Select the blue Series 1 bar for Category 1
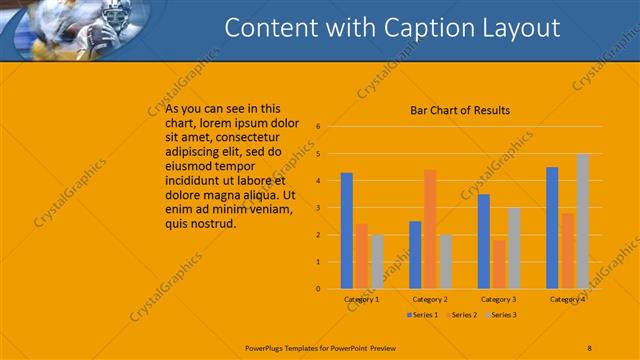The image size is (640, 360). coord(346,230)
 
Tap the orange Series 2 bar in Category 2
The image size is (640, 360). coord(430,229)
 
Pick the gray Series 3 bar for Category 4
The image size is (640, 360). coord(582,221)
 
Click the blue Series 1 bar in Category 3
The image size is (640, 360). coord(484,241)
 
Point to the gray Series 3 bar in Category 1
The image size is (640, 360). coord(376,261)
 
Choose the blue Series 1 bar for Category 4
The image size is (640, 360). coord(552,227)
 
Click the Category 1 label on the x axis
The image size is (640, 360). coord(361,299)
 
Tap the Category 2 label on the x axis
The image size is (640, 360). coord(429,299)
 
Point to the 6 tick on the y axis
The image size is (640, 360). coord(317,127)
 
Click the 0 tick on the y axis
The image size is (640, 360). coord(317,289)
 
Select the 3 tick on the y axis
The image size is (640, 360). coord(317,208)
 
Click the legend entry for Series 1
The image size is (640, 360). coord(424,315)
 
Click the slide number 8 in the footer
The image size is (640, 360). coord(589,347)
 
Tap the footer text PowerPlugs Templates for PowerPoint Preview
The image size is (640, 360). coord(320,347)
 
